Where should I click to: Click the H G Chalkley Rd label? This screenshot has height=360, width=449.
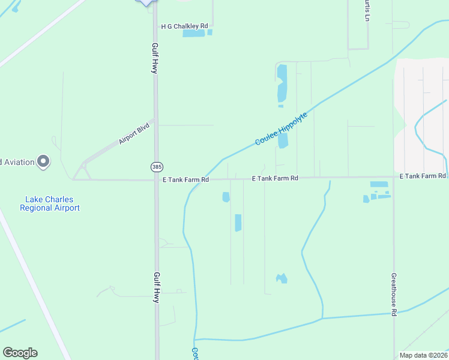click(x=184, y=26)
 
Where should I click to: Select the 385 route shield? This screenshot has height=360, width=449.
click(x=155, y=166)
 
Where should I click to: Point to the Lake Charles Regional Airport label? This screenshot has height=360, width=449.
click(x=50, y=203)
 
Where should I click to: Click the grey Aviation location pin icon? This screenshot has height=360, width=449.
click(x=43, y=161)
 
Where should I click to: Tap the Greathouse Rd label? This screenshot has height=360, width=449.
click(x=394, y=295)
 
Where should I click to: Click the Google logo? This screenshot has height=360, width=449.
click(x=20, y=353)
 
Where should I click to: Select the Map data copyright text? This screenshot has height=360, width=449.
click(x=423, y=355)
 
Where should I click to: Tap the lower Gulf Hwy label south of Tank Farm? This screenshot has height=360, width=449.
click(x=155, y=287)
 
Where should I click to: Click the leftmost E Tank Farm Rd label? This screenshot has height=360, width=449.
click(x=185, y=179)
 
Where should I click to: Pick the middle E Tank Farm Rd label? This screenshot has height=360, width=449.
click(x=275, y=178)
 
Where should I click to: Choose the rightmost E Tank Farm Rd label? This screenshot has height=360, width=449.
click(x=423, y=176)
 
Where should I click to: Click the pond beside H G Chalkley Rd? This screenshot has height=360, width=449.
click(x=194, y=34)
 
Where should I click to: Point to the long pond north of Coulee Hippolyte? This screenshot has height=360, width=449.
click(x=282, y=83)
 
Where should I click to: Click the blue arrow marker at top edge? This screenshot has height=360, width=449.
click(x=146, y=2)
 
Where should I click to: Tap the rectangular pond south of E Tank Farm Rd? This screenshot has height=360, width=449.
click(x=238, y=223)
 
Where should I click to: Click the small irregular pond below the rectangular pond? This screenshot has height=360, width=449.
click(x=281, y=278)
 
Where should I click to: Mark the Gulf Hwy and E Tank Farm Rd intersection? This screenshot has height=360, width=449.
click(x=156, y=179)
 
